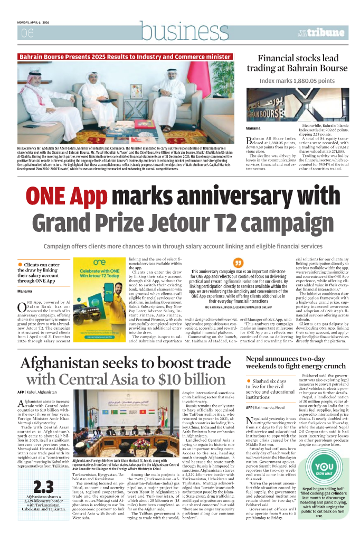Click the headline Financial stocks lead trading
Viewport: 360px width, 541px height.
[x=302, y=63]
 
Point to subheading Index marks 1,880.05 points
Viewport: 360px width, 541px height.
[x=297, y=81]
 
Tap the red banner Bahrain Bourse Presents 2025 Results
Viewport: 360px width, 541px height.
[x=125, y=57]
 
